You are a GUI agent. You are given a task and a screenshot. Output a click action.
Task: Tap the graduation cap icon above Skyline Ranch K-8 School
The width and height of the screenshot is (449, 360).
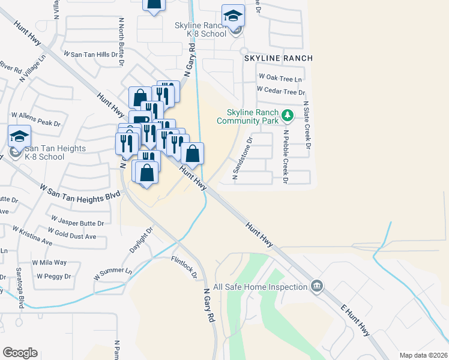pos(233,16)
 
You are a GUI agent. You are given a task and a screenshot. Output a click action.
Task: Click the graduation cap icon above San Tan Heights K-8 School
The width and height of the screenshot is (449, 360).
pos(19,136)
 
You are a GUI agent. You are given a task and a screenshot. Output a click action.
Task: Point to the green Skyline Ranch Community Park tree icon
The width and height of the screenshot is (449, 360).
pos(288,115)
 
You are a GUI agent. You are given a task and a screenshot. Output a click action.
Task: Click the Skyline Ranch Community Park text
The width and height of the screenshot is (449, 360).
pos(252,116)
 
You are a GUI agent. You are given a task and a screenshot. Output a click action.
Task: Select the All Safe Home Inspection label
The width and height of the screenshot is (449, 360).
pos(265,287)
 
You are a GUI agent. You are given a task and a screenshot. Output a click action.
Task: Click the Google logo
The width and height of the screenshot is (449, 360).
pos(20,353)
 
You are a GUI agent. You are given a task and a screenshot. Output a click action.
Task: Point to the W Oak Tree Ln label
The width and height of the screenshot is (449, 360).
pos(280,78)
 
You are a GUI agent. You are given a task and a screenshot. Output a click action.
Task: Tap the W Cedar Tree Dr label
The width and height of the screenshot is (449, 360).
pos(281,91)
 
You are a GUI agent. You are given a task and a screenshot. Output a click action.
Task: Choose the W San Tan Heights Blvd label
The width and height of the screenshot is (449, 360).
pos(76,196)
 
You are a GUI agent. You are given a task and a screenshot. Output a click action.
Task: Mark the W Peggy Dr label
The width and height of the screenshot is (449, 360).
pos(53,277)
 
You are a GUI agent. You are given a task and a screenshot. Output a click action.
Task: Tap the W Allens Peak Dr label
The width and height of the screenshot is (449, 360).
pos(36,119)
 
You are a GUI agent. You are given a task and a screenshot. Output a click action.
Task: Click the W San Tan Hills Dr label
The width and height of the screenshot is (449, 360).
pos(94,55)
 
